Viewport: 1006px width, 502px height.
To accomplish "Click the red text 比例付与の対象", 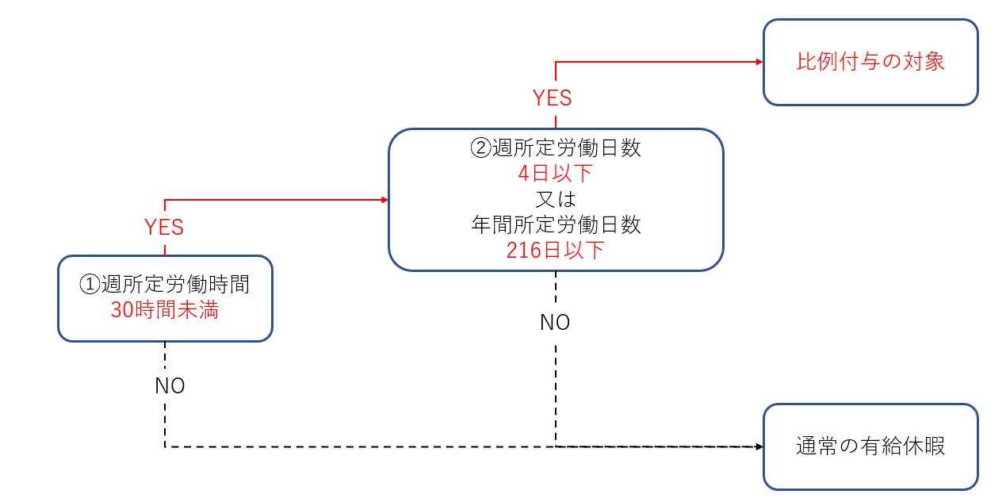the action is (x=870, y=62).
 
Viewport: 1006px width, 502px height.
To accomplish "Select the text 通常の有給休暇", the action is (x=870, y=446).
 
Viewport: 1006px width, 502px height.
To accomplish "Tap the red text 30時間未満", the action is (x=165, y=309).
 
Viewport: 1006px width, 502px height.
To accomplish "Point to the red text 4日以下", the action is (x=556, y=174).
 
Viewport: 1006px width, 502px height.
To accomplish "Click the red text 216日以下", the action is (x=556, y=251).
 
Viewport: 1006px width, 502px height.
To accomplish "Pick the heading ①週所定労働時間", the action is (x=165, y=284).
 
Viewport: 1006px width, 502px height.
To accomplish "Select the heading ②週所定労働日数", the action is (x=556, y=148).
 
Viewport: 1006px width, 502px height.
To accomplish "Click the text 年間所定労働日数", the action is (x=556, y=224).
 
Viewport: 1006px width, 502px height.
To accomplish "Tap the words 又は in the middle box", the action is (x=556, y=199).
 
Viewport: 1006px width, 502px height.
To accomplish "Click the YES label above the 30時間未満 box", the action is (x=164, y=228).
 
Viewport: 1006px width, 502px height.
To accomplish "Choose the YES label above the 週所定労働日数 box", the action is (x=553, y=98).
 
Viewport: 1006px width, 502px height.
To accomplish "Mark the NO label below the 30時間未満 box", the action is (x=170, y=385).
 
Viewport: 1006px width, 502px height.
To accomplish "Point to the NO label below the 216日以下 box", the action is (x=555, y=322).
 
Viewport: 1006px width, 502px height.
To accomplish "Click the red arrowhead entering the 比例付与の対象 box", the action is (x=760, y=62).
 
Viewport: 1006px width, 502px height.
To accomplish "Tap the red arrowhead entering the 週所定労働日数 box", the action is (x=385, y=200).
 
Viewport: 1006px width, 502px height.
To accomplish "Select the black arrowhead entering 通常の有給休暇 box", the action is (x=760, y=446).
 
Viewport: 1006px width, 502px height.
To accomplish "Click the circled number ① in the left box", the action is (x=90, y=285).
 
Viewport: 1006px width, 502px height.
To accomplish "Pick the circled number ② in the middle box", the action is (x=480, y=148).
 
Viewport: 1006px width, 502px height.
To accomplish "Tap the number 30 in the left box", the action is (x=122, y=310).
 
